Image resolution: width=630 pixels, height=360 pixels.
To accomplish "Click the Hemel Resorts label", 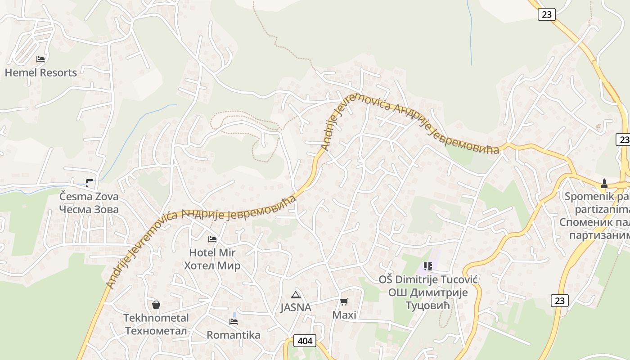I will [40, 72].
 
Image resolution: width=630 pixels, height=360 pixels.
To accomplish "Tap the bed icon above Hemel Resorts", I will [40, 59].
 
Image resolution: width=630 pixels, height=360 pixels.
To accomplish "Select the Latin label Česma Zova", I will [89, 197].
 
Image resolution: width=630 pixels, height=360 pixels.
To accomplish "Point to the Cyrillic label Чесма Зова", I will [89, 209].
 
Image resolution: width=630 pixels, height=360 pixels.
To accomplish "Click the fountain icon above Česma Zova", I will [89, 183].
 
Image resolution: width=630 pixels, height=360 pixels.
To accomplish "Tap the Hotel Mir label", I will [212, 252].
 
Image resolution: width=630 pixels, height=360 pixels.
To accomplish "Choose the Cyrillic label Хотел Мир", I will [212, 265].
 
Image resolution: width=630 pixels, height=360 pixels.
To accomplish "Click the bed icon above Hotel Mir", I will [212, 239].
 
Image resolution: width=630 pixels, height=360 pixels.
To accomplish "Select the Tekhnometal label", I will [156, 318].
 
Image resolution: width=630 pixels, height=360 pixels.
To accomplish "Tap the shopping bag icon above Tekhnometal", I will [156, 305].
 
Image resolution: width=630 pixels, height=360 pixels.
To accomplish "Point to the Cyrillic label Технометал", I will [156, 331].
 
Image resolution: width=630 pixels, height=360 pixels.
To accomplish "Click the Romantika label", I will [234, 335].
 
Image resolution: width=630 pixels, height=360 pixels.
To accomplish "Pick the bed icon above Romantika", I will [234, 321].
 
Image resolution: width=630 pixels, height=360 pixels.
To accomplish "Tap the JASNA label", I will [296, 308].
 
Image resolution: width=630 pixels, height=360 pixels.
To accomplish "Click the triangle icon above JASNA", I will [296, 295].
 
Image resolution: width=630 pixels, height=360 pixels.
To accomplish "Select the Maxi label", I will [344, 315].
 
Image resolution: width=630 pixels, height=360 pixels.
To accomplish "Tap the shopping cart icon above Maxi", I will [344, 301].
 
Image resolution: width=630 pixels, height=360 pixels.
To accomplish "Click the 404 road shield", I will [305, 341].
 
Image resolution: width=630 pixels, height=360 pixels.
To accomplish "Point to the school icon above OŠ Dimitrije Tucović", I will [427, 266].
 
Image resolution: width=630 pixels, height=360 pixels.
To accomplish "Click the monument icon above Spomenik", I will [604, 184].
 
